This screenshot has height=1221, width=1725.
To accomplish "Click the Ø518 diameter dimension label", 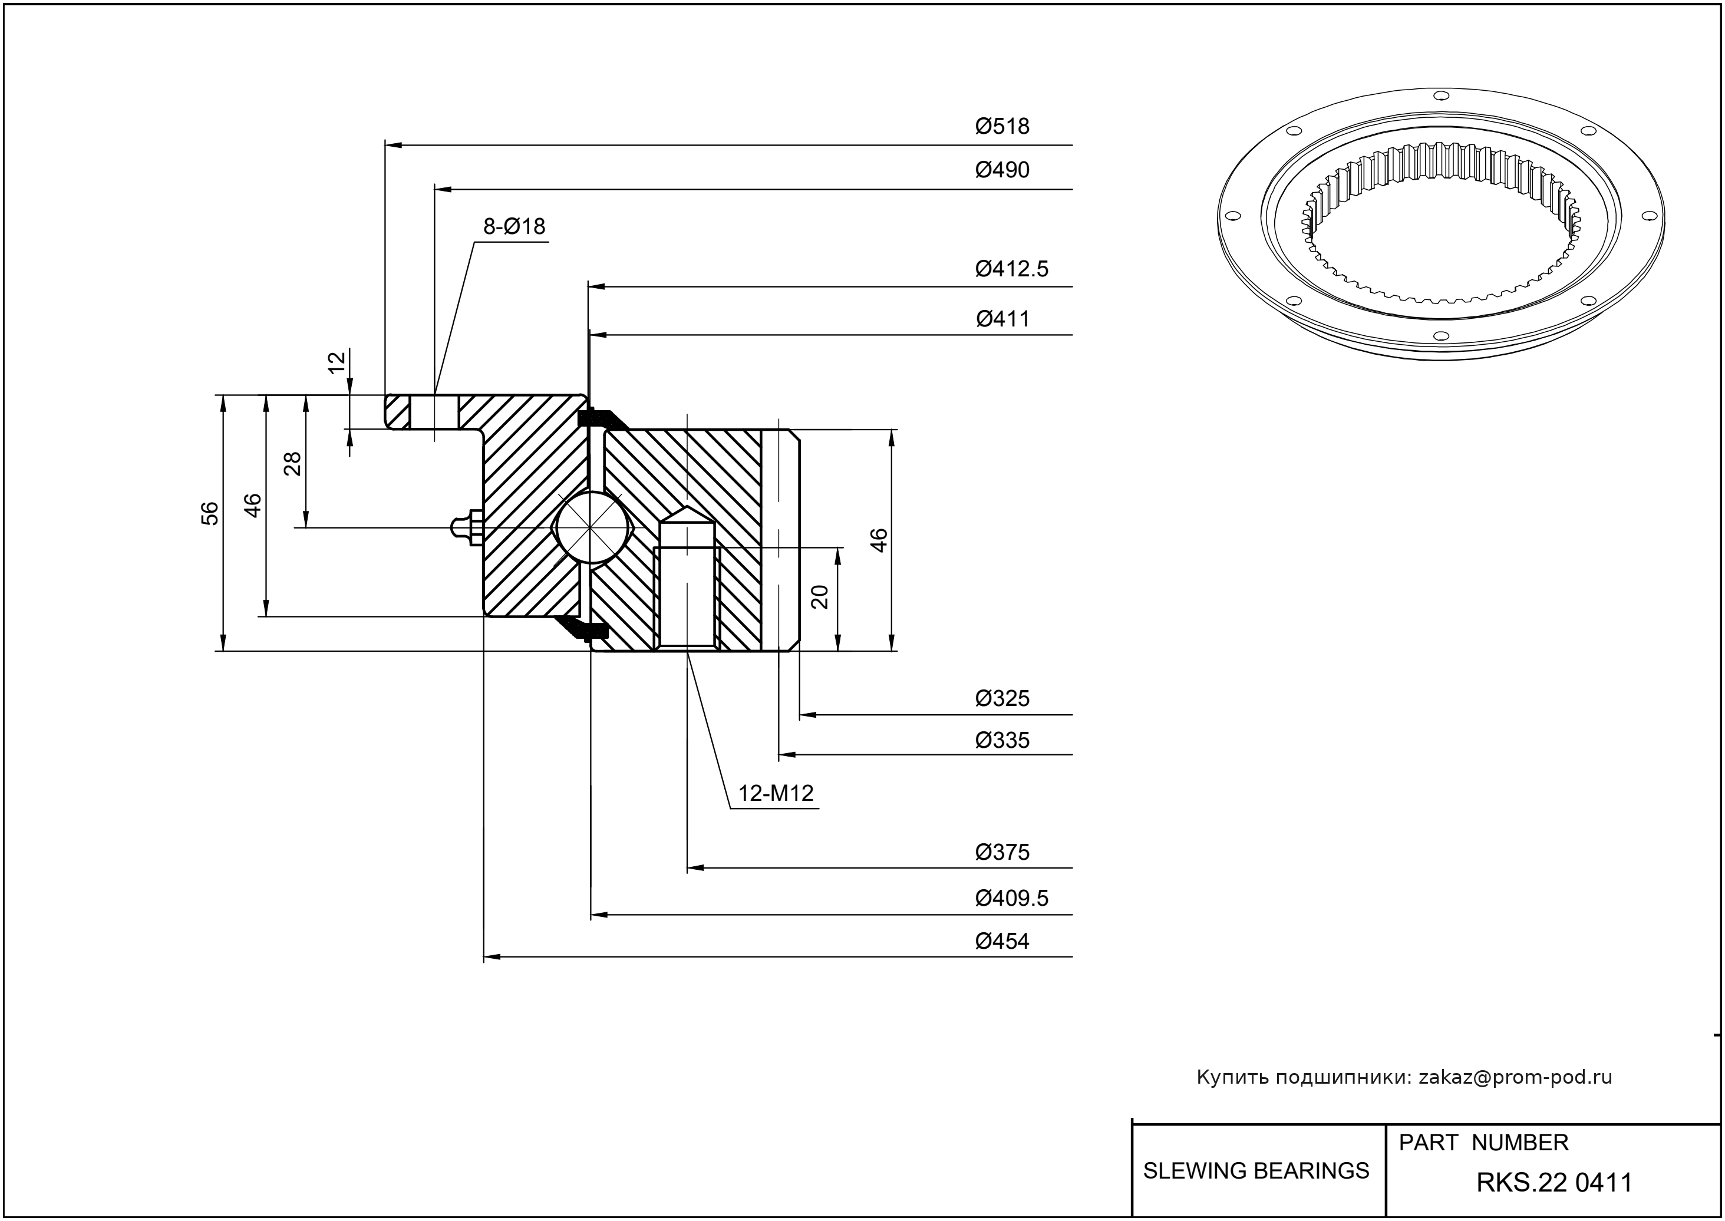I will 1002,126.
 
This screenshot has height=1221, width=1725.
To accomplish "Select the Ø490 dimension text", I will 1002,170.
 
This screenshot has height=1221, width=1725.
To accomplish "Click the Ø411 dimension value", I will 1002,319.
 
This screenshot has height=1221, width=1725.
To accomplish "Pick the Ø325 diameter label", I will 1002,698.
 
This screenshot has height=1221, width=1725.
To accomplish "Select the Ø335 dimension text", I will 1002,741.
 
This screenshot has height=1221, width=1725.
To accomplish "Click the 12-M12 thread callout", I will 775,793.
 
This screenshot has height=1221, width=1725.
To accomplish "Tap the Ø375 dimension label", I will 1002,852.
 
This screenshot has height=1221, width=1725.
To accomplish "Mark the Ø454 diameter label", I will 1002,940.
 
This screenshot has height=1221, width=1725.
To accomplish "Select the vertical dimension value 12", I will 338,362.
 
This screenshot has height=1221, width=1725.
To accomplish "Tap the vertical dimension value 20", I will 820,596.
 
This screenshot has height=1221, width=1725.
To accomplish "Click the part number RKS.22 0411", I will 1554,1183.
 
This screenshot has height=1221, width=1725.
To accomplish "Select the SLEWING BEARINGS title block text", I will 1256,1171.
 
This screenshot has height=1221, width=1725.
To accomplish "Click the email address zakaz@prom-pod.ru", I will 1515,1077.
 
